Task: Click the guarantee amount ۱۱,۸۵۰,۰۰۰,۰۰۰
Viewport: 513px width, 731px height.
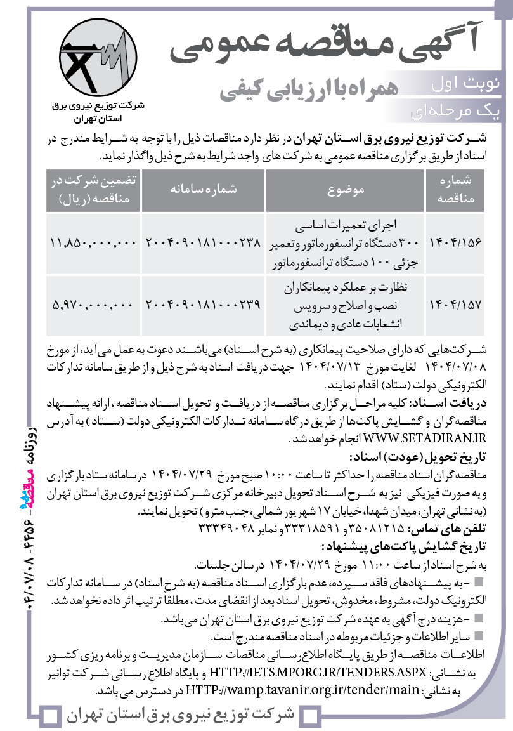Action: [93, 242]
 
